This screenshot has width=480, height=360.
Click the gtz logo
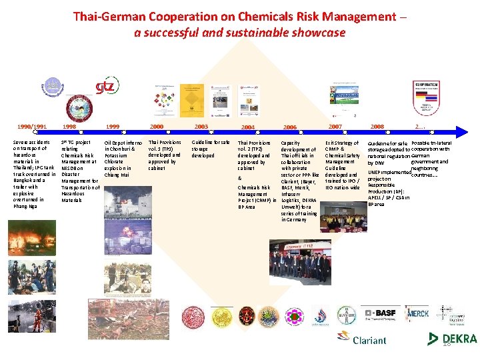[107, 87]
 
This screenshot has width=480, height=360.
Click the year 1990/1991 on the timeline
[31, 126]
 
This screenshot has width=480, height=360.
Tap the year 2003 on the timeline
[201, 126]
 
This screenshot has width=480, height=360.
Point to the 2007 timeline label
[334, 126]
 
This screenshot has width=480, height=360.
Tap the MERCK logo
[418, 313]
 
